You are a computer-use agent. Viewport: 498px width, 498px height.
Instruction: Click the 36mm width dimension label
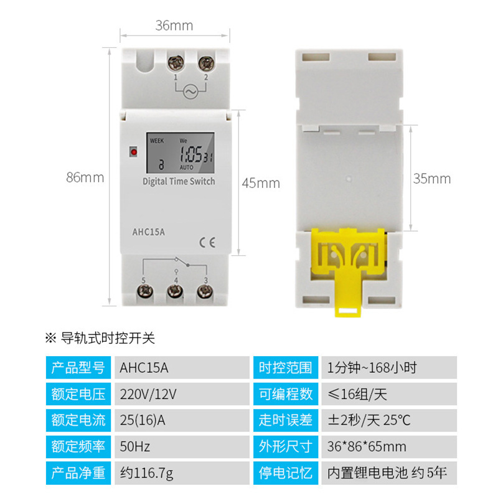[174, 26]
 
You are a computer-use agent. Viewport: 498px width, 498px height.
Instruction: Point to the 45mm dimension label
[261, 183]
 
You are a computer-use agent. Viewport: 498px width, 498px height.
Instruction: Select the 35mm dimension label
[431, 179]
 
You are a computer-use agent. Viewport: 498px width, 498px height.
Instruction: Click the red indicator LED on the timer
[133, 151]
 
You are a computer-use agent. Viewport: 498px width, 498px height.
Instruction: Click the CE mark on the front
[207, 242]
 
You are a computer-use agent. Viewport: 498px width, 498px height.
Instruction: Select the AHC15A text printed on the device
[149, 233]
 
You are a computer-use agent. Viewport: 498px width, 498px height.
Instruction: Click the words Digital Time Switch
[179, 182]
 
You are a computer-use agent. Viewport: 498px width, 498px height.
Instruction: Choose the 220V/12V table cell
[148, 394]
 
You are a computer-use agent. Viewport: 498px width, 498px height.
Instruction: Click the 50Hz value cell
[135, 446]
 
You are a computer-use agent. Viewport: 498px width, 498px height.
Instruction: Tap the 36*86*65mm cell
[367, 446]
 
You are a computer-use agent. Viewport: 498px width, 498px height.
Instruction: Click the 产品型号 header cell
[78, 368]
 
